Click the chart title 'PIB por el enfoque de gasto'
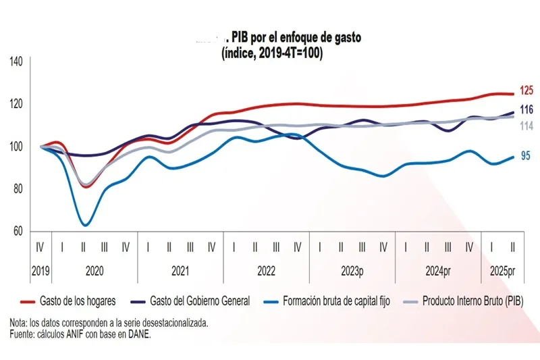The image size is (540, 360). coord(296,38)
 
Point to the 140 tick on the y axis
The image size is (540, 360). coord(16,61)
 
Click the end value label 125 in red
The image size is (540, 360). coord(526,91)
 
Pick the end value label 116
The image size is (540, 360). coord(526,109)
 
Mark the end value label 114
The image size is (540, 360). coord(526,126)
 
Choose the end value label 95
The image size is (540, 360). coord(525,157)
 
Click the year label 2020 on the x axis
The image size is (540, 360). coord(94,271)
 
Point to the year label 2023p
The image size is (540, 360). coord(352,271)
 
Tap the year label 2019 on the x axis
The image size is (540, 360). coord(40,271)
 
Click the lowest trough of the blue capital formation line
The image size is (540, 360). coord(85,225)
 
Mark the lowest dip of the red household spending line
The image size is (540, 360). coord(85,187)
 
